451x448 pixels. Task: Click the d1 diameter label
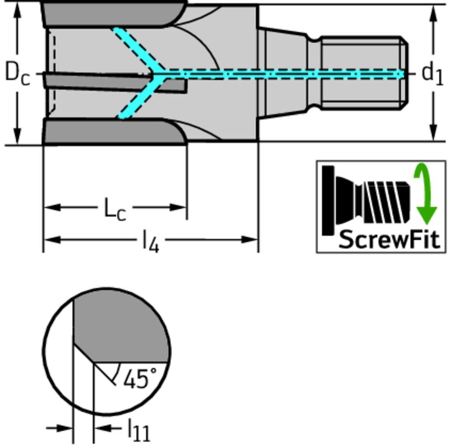432,73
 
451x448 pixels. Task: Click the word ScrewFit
389,240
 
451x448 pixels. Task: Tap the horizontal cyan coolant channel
282,74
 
